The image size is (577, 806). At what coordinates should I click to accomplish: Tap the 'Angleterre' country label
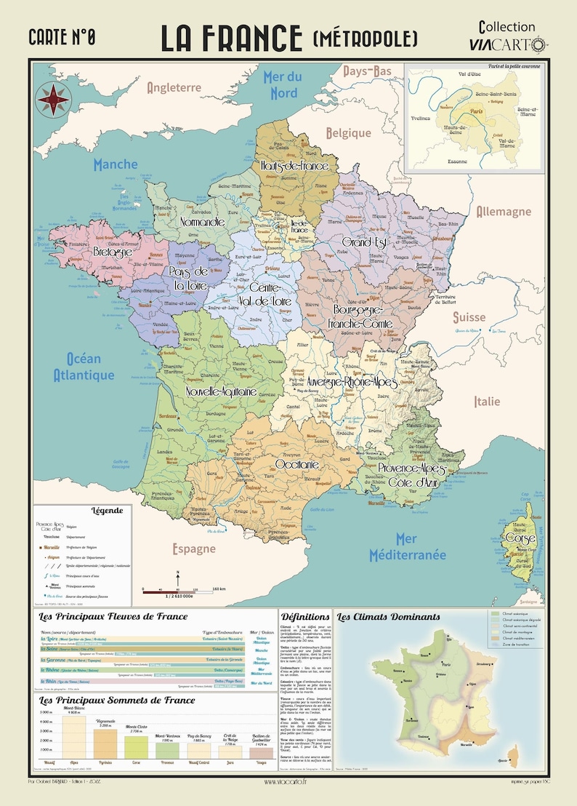pyautogui.click(x=174, y=87)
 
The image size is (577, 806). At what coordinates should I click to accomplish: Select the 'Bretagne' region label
pyautogui.click(x=112, y=251)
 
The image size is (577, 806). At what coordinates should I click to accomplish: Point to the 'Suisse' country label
pyautogui.click(x=469, y=317)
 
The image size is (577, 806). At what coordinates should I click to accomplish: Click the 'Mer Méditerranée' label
pyautogui.click(x=407, y=546)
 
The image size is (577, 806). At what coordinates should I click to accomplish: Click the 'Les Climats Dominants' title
pyautogui.click(x=388, y=617)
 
